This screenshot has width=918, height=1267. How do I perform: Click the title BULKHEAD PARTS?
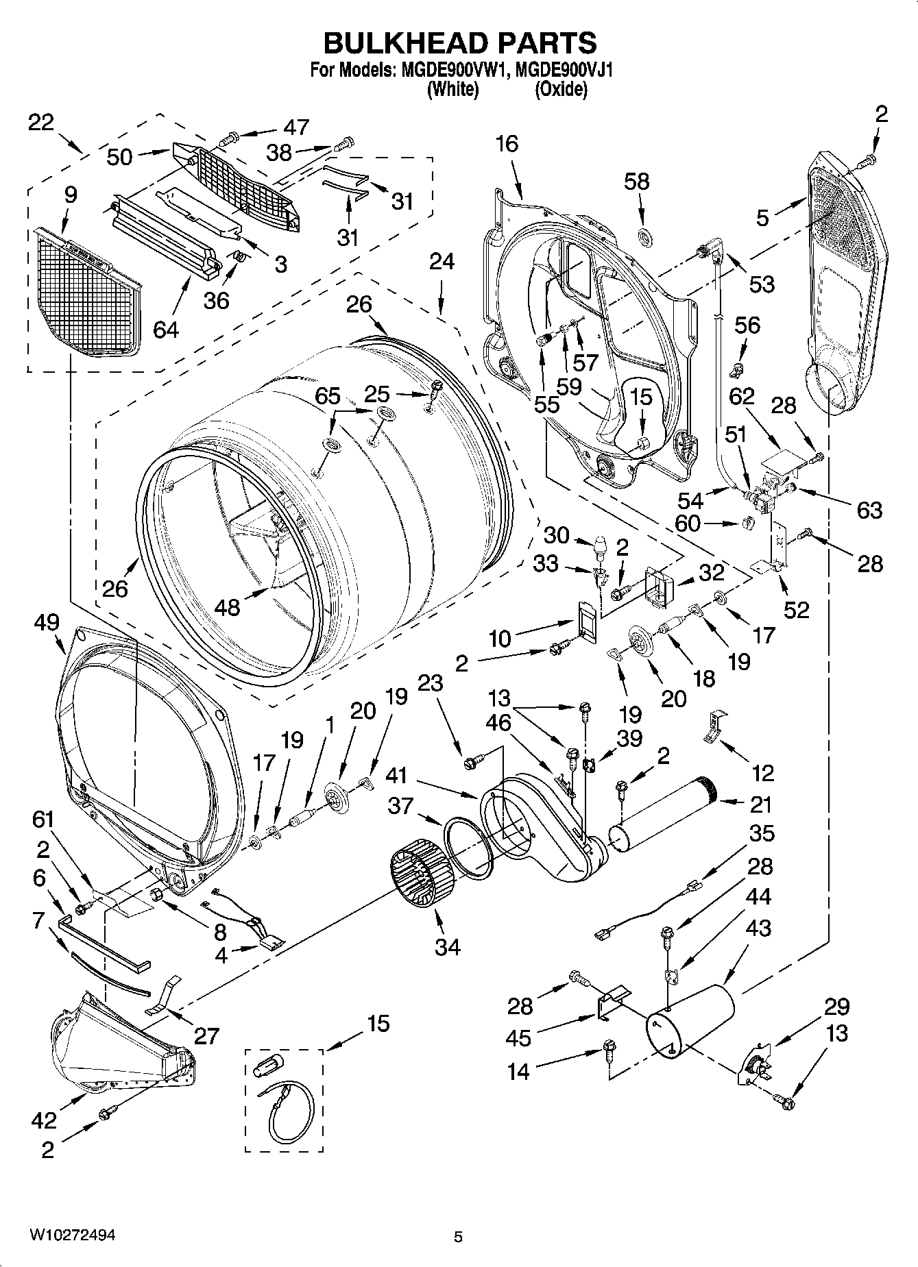[x=459, y=42]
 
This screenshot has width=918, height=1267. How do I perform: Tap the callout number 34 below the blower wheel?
[x=447, y=947]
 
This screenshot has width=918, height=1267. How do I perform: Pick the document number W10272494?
[x=71, y=1235]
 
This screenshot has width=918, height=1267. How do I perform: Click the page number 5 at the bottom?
[x=459, y=1237]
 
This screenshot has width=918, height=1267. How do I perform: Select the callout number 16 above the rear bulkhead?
[x=507, y=144]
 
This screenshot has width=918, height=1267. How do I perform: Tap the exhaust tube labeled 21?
[x=662, y=815]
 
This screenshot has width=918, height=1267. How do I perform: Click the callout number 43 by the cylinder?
[x=757, y=928]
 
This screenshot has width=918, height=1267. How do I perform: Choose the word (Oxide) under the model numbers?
[x=561, y=90]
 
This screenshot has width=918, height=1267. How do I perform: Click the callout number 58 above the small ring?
[x=637, y=182]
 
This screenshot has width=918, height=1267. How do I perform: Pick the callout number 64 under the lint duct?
[x=165, y=330]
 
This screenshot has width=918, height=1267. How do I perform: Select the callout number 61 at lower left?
[x=43, y=819]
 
